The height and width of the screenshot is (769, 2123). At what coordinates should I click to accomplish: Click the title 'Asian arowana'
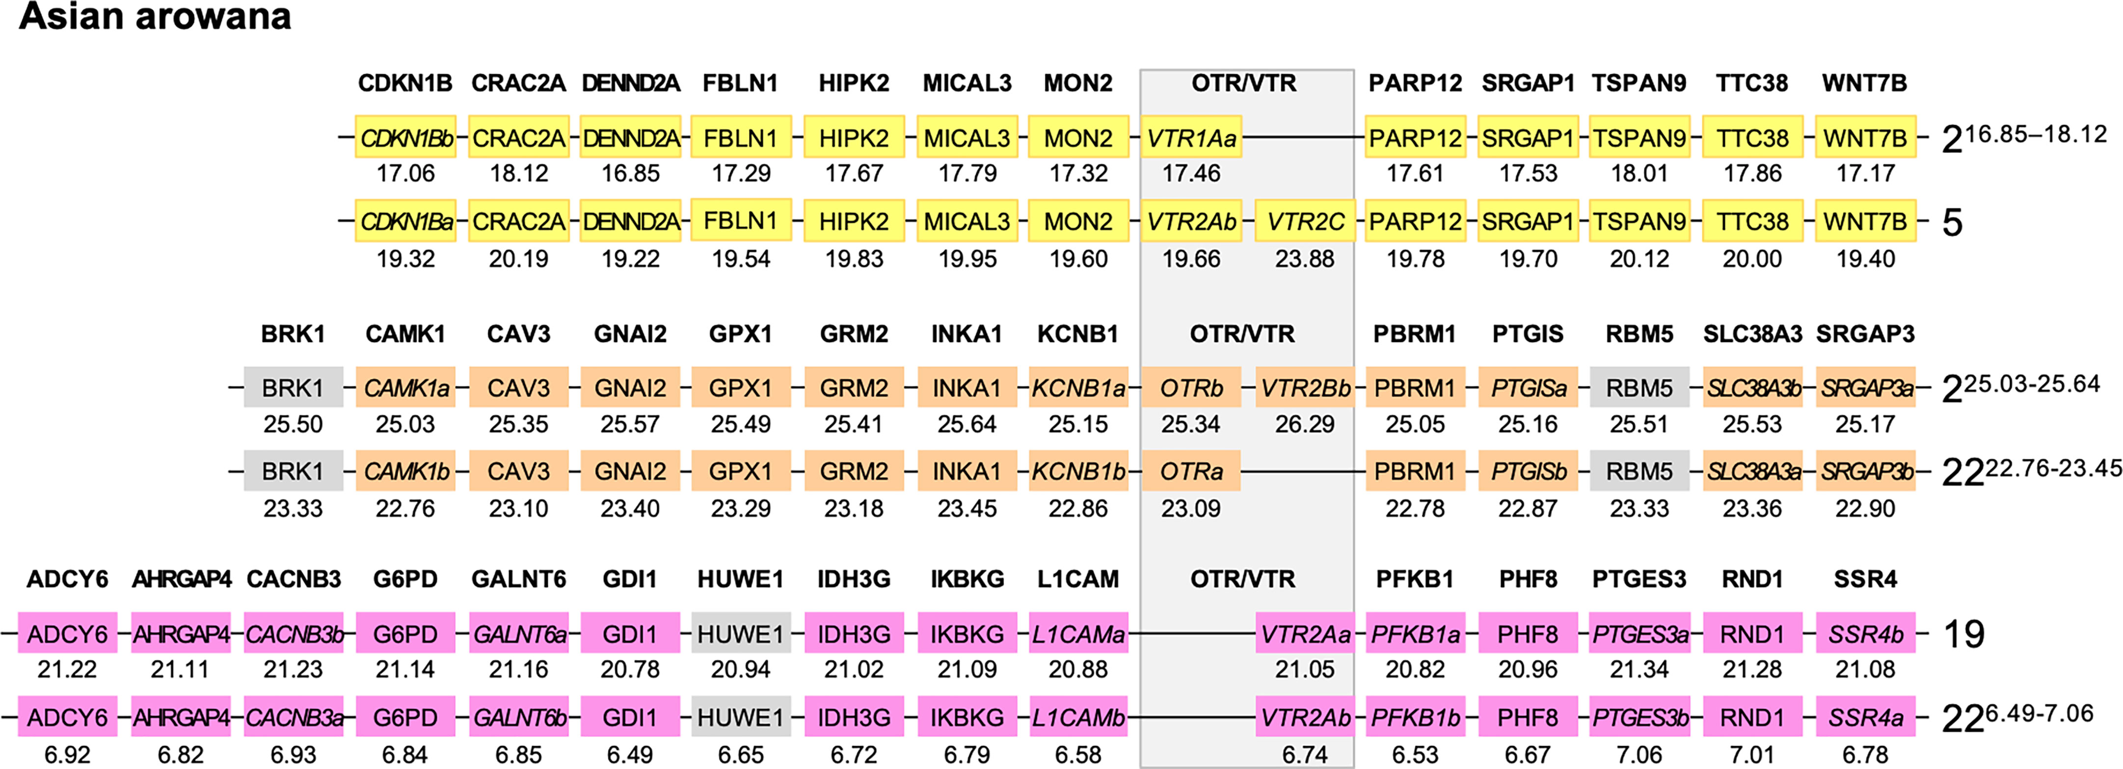point(155,17)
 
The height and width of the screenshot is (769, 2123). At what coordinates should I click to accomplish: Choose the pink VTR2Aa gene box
point(1305,634)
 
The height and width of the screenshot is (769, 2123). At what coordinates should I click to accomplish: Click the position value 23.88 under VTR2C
point(1305,259)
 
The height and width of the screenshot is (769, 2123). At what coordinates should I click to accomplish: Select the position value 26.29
point(1305,424)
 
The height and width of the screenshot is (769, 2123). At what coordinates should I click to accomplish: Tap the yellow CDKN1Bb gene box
point(405,137)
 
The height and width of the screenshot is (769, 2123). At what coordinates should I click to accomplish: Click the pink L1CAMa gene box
point(1078,634)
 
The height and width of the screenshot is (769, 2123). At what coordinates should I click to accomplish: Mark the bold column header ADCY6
point(68,580)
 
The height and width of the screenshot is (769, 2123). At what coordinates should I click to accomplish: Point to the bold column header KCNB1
point(1078,334)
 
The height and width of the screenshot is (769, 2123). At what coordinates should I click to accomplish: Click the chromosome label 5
point(1952,222)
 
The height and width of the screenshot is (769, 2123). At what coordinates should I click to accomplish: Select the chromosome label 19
point(1963,634)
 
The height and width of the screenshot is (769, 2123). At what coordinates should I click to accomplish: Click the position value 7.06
point(1639,754)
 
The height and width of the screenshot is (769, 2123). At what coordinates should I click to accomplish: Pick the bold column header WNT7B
point(1864,83)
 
